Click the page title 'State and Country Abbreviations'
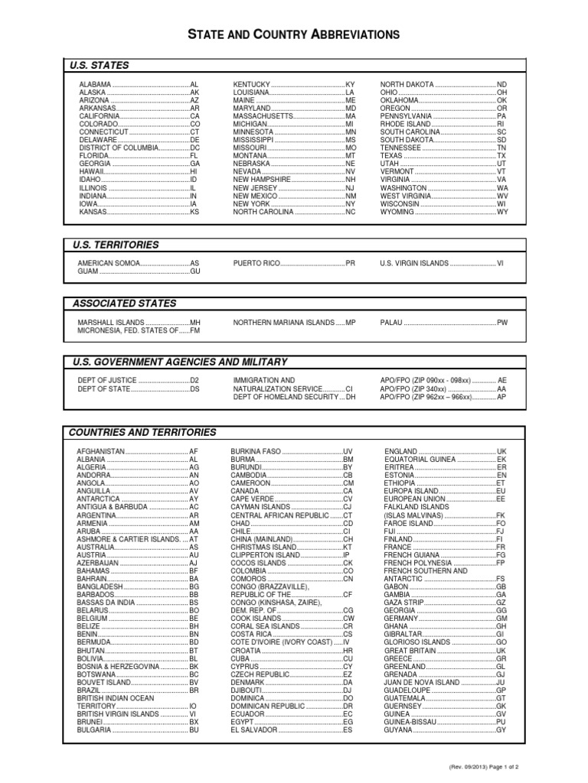(x=294, y=34)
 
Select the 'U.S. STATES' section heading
(x=100, y=66)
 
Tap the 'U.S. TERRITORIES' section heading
(x=116, y=245)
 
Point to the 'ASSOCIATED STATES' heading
(x=124, y=304)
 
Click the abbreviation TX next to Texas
(x=501, y=156)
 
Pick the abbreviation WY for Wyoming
(x=502, y=212)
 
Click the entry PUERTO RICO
(x=256, y=262)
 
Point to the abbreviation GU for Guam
(x=194, y=271)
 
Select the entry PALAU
(x=391, y=323)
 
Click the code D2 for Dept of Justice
(x=194, y=380)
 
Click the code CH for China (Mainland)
(x=347, y=539)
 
